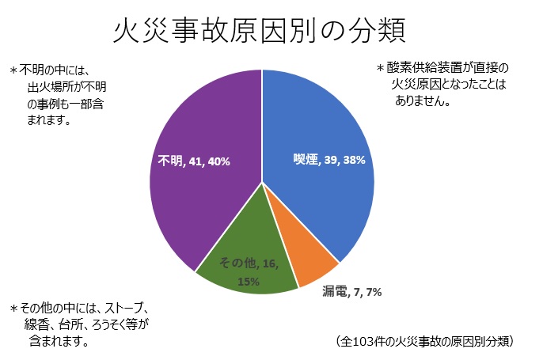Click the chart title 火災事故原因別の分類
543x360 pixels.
pyautogui.click(x=260, y=31)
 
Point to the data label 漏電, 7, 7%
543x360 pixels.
pyautogui.click(x=351, y=292)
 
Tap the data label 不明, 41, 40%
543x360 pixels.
pyautogui.click(x=193, y=161)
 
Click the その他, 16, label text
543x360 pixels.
pyautogui.click(x=248, y=263)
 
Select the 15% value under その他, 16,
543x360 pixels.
pyautogui.click(x=248, y=281)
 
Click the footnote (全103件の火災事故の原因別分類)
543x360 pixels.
pyautogui.click(x=427, y=341)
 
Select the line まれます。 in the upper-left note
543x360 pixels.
pyautogui.click(x=49, y=121)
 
